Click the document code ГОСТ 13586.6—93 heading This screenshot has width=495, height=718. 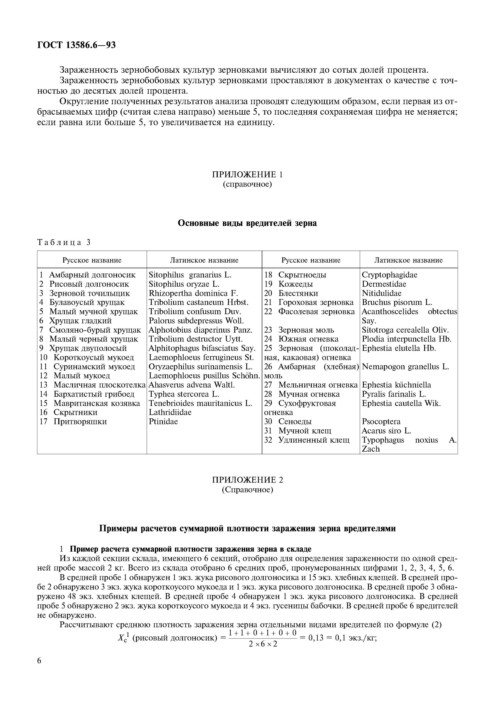click(x=76, y=45)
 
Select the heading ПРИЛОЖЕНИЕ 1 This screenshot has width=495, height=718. click(x=247, y=174)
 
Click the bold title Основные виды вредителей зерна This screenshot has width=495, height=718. click(x=247, y=223)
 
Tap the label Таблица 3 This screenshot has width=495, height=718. click(x=64, y=242)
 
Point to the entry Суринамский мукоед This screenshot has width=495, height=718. click(x=94, y=366)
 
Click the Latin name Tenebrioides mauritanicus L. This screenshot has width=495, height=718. click(x=200, y=403)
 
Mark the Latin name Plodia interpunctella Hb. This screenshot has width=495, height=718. click(x=406, y=339)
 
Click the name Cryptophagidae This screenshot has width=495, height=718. click(x=389, y=275)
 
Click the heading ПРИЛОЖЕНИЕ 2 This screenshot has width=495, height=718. click(x=247, y=480)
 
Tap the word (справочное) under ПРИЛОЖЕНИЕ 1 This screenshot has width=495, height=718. click(x=247, y=185)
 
